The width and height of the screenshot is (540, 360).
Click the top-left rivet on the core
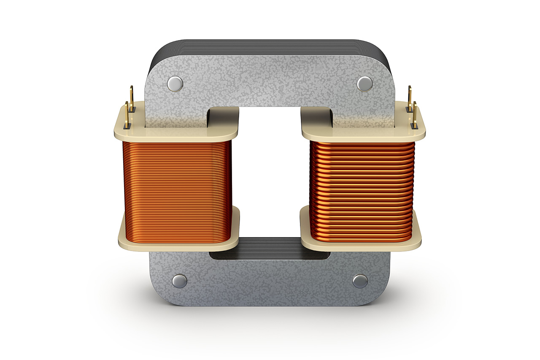coord(175,84)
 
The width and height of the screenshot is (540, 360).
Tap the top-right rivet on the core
coord(364,84)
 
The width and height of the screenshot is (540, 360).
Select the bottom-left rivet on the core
coord(180,281)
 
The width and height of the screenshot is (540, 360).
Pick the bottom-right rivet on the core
coord(360,281)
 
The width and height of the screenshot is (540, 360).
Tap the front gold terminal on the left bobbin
coord(127,113)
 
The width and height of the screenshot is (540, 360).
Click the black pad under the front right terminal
coord(415,126)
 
